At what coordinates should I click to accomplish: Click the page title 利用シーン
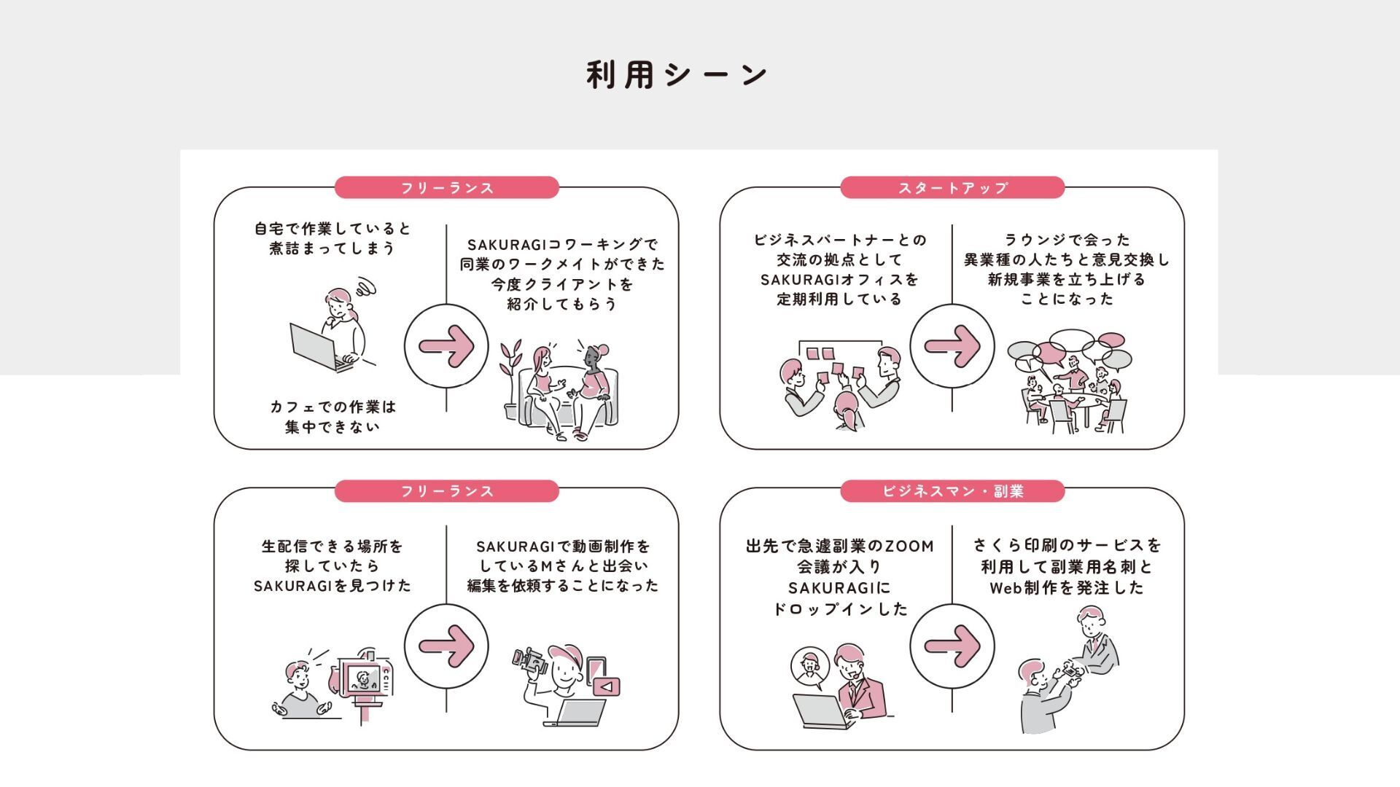point(677,74)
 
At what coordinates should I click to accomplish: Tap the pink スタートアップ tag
point(952,187)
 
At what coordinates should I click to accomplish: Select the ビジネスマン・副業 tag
point(952,491)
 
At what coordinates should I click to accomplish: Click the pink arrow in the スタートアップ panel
point(952,345)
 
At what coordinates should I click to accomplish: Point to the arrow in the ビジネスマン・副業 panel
point(952,646)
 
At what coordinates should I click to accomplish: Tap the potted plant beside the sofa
point(510,379)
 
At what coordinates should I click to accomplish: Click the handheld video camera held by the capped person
point(530,661)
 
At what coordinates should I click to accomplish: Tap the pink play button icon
point(606,686)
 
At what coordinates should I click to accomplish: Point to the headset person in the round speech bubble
point(810,667)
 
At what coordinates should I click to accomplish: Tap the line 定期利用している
point(839,299)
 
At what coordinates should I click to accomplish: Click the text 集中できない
point(332,426)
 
